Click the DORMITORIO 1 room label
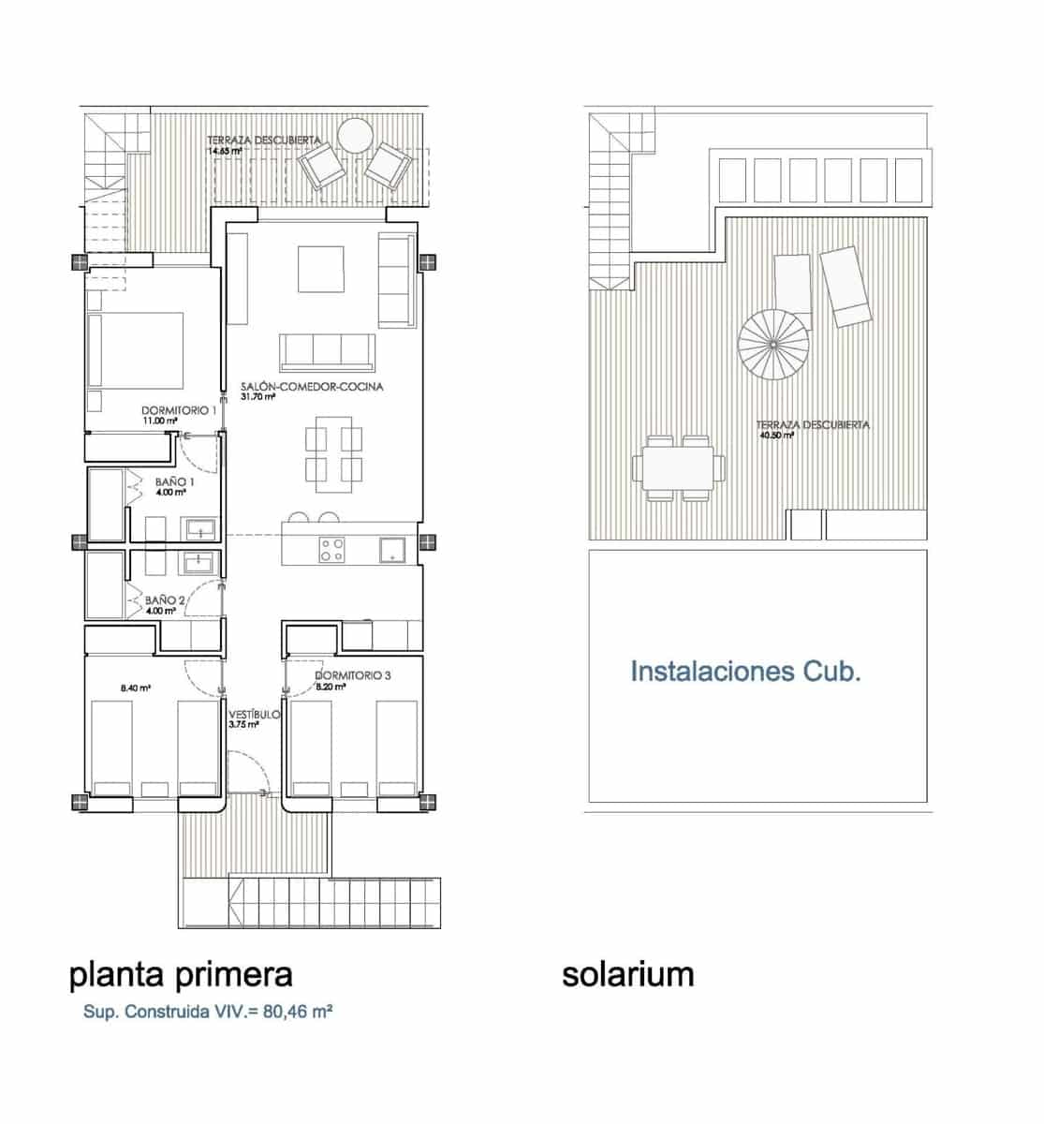[179, 410]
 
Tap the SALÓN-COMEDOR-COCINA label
[312, 386]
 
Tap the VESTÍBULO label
[254, 715]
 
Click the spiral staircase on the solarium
[773, 345]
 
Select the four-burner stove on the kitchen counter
[331, 549]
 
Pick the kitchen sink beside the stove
[391, 549]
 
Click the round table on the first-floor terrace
[356, 137]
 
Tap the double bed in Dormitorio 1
[136, 350]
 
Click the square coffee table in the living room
[321, 269]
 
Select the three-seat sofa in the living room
[327, 351]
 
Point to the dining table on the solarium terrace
[679, 466]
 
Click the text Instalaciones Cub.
[745, 672]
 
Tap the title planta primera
[181, 974]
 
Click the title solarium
[627, 974]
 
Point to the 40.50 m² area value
[777, 435]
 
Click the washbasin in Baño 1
[200, 529]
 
